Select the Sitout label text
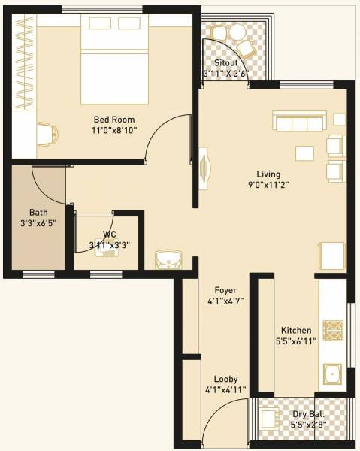226,63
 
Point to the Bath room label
38,212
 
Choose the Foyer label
225,290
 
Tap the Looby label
225,379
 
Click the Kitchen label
297,330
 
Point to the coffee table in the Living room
305,153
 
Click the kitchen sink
332,373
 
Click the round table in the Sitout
237,32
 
